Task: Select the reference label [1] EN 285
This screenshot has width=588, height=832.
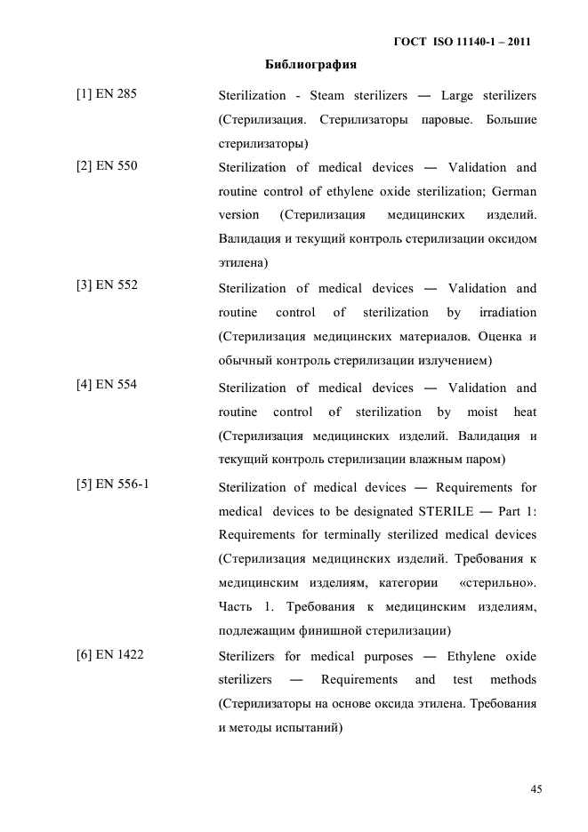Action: (x=107, y=92)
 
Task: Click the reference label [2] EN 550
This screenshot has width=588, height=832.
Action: (x=107, y=165)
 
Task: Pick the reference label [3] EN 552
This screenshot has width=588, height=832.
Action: (x=107, y=285)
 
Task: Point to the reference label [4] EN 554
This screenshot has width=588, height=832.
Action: (x=107, y=385)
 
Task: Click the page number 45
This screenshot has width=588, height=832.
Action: (x=536, y=788)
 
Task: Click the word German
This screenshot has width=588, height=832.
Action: (x=514, y=191)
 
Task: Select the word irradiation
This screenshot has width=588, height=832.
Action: (x=508, y=312)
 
